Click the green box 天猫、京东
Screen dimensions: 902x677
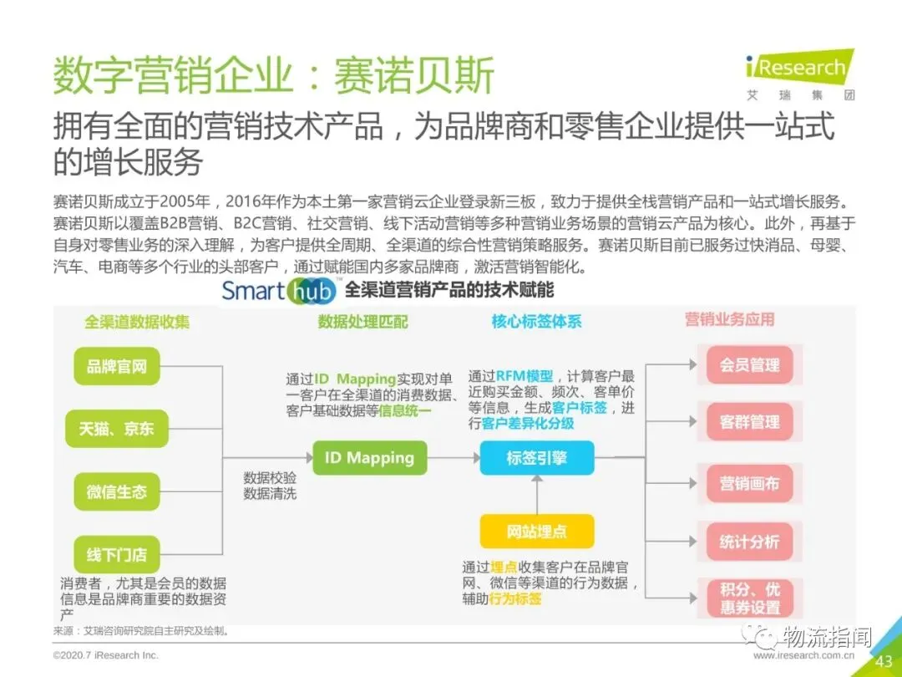[117, 429]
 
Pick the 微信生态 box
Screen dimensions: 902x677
[117, 492]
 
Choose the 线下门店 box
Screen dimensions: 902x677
[117, 554]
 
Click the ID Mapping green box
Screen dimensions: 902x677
[369, 457]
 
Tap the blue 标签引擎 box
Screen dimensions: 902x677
[536, 457]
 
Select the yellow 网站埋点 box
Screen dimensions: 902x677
[536, 531]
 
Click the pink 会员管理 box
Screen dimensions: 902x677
[749, 365]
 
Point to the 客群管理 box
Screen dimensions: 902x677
[749, 423]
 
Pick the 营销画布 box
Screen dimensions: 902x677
[749, 484]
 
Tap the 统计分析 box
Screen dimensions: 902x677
[749, 542]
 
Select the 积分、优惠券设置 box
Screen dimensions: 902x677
[749, 598]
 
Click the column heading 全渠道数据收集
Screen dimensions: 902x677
[137, 322]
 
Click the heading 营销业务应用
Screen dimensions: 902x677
[729, 319]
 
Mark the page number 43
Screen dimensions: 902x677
[884, 661]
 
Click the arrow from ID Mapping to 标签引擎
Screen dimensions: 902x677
[453, 458]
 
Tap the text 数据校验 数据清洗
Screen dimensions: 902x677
[270, 486]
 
